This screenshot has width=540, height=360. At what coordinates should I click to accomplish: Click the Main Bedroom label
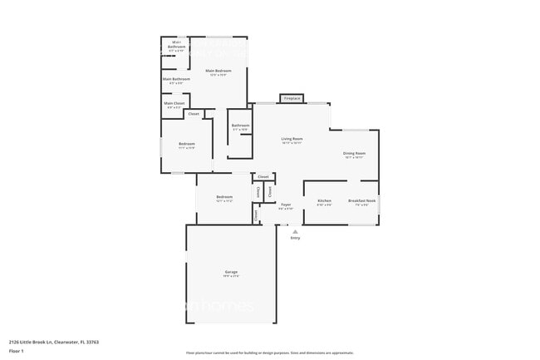218,71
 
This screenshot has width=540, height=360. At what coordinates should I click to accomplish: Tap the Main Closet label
174,103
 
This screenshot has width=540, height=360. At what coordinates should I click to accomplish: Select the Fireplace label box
292,98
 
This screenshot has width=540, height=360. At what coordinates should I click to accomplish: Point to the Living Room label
292,139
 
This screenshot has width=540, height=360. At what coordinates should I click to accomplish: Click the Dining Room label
355,153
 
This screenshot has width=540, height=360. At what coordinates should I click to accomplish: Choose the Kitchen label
325,200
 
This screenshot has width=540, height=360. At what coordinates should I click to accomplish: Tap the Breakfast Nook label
362,200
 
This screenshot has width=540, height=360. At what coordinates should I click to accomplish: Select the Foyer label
286,204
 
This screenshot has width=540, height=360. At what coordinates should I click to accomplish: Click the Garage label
231,272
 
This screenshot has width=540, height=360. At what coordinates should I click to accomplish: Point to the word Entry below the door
295,238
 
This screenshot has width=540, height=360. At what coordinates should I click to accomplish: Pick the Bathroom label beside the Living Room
240,126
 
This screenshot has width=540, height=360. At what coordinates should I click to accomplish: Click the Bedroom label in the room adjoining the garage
224,197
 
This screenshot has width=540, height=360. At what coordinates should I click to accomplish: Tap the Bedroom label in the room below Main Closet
186,144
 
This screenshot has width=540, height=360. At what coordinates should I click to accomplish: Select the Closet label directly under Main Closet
194,114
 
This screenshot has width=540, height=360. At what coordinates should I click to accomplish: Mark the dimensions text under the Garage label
231,276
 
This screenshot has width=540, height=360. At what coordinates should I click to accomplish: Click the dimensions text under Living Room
292,143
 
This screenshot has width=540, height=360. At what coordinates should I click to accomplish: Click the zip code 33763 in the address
93,342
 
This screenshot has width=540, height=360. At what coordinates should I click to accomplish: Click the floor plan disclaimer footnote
270,353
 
